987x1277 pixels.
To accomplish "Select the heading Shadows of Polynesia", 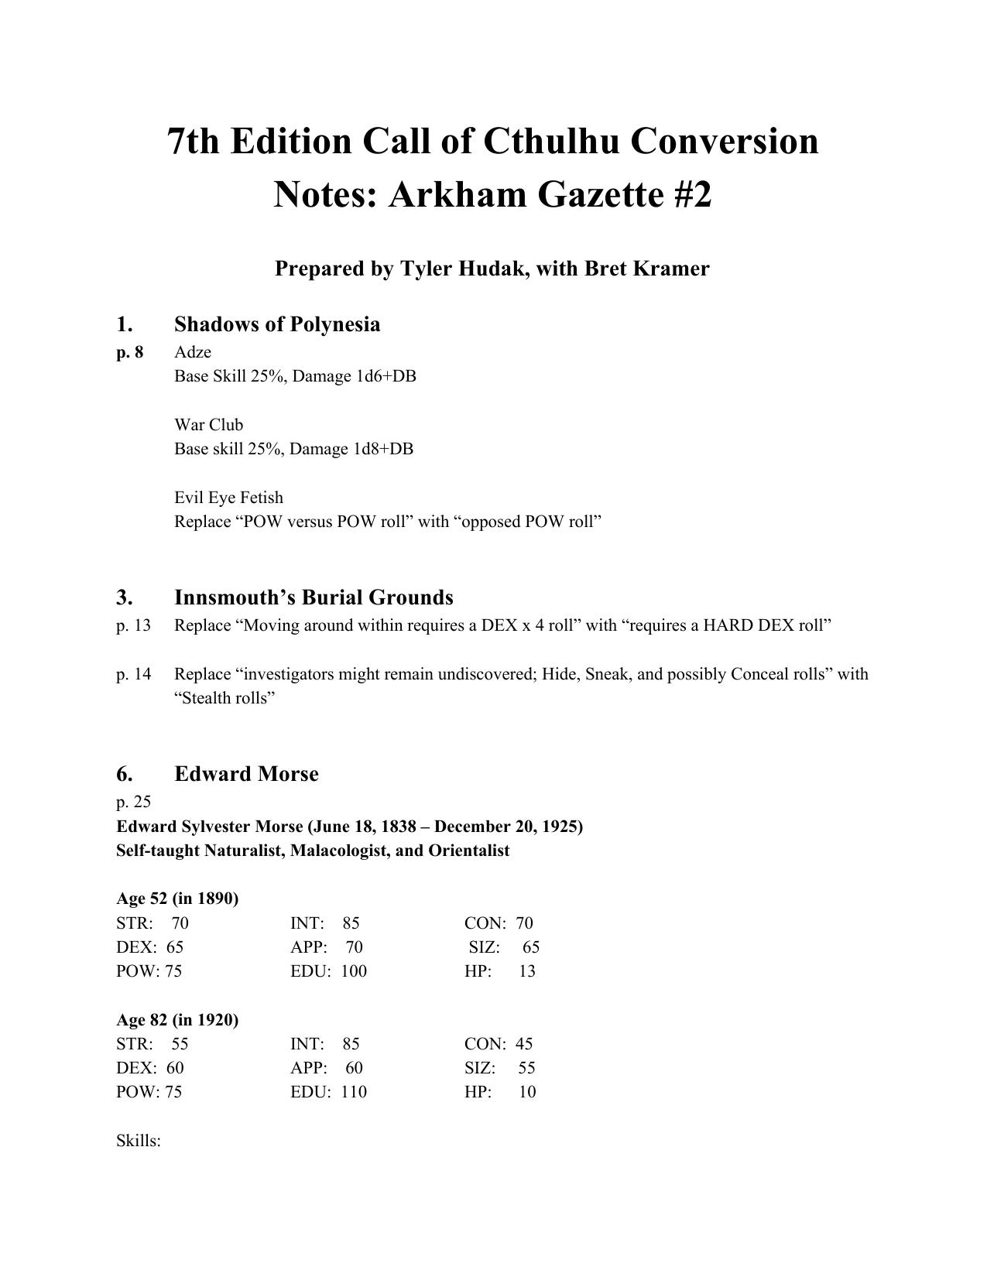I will [x=277, y=324].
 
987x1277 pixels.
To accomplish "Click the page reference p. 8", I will [x=130, y=352].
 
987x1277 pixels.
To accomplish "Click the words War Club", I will [x=208, y=425].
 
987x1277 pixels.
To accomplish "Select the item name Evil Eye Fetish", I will [x=228, y=497].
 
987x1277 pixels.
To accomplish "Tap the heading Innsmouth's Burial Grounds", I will [x=314, y=597].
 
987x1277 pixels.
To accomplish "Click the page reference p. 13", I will [x=133, y=625].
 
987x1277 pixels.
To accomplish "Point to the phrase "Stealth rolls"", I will [x=225, y=698].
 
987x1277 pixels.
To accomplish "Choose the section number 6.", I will [x=124, y=774].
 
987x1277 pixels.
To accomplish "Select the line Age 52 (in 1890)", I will [x=177, y=899].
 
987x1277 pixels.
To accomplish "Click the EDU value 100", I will [x=353, y=971].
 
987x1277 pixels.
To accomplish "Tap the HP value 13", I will [x=526, y=971].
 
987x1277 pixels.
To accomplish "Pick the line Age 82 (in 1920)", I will [x=177, y=1019].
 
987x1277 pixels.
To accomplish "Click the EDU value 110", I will [x=353, y=1092].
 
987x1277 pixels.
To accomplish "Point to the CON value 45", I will [x=524, y=1044].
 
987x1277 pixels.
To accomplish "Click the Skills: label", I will [x=139, y=1141].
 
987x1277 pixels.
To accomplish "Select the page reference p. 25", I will [x=133, y=802].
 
